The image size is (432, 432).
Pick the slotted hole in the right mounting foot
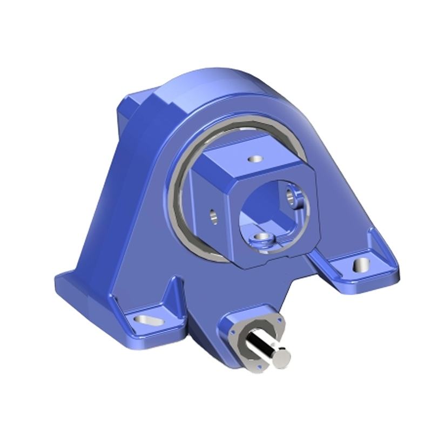(359, 265)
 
